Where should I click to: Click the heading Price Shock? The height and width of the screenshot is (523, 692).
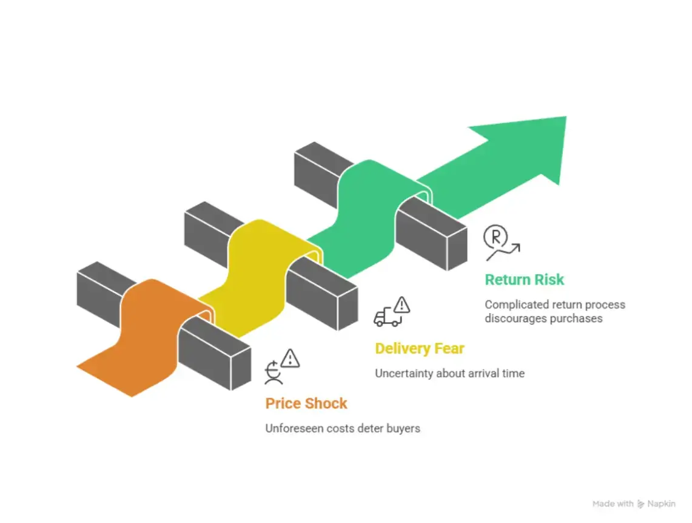306,403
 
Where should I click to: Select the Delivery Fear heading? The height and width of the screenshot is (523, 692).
420,349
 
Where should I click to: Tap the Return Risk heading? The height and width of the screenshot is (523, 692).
524,280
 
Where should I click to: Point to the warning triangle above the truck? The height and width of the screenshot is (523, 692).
401,305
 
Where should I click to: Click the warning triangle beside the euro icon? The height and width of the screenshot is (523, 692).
291,358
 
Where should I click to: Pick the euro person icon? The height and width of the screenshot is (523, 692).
274,373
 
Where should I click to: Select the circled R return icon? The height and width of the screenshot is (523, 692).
495,237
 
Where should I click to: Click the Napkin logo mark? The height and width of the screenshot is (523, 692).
641,504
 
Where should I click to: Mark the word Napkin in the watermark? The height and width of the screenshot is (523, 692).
661,504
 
